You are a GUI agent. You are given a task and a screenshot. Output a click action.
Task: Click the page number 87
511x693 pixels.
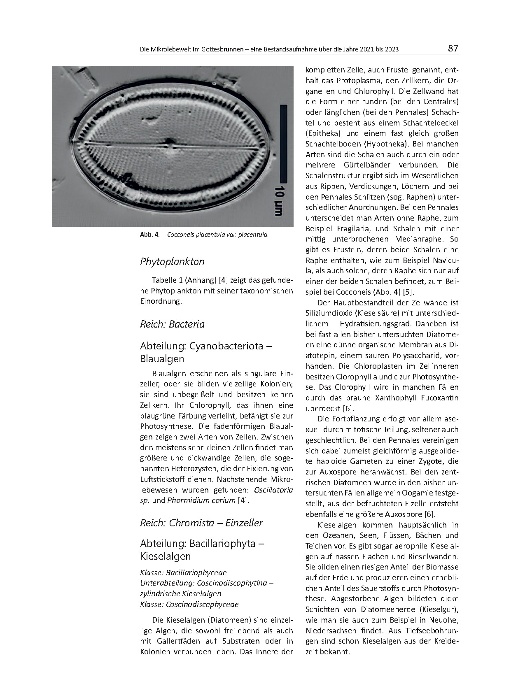453,49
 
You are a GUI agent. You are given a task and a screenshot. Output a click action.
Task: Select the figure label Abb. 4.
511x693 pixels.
149,235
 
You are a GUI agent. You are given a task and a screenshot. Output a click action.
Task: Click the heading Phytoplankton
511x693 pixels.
172,262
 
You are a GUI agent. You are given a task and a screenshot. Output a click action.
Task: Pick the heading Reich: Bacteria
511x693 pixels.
172,324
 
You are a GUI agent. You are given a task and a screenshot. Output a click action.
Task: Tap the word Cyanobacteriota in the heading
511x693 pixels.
226,346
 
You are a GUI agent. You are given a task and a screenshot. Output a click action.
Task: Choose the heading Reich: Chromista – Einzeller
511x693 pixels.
201,523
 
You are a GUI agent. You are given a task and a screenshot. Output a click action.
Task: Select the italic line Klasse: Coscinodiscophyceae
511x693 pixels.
189,605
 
